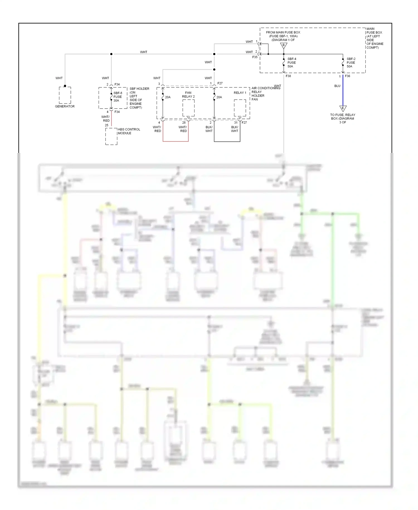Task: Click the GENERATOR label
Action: (x=65, y=106)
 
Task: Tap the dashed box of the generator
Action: (x=65, y=95)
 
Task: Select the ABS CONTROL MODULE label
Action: (x=129, y=131)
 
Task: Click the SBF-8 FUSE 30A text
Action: (x=118, y=97)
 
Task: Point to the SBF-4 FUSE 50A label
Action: (x=291, y=62)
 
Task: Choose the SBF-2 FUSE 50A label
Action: (x=351, y=62)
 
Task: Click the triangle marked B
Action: (x=284, y=45)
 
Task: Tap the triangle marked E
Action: (x=343, y=109)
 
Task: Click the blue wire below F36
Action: (x=343, y=92)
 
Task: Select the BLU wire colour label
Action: (x=337, y=86)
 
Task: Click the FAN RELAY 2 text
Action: (x=188, y=95)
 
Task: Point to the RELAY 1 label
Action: (x=240, y=93)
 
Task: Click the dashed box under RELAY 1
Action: (x=240, y=108)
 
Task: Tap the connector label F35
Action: (x=255, y=57)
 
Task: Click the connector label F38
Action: (x=288, y=76)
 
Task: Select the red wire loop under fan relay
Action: (x=176, y=141)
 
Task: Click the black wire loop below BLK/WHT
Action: (x=227, y=141)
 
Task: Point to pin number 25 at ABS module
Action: (x=106, y=125)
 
